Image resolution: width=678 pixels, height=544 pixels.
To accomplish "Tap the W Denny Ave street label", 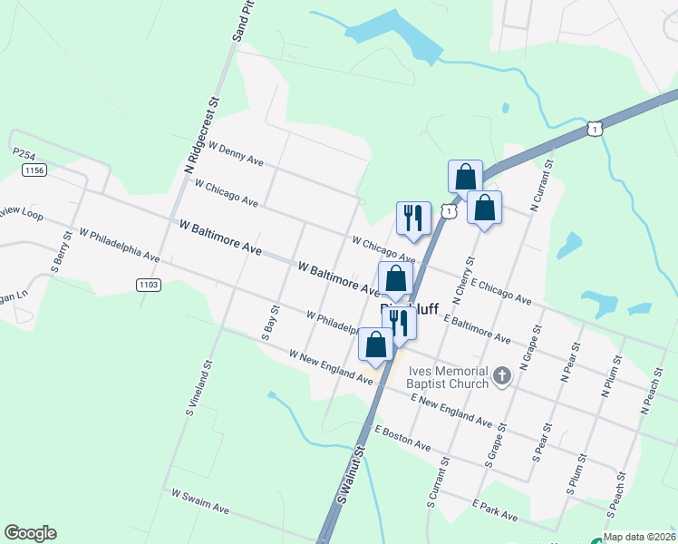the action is coord(236,153).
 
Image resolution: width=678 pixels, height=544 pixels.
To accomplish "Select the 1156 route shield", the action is coord(35,170).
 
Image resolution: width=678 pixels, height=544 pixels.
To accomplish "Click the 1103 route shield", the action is coord(150,285).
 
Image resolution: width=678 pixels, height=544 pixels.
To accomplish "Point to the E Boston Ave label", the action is coord(402,437).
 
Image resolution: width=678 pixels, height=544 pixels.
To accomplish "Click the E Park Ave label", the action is coord(494,510).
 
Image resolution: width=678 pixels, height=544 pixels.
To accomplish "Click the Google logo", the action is coord(30,533).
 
